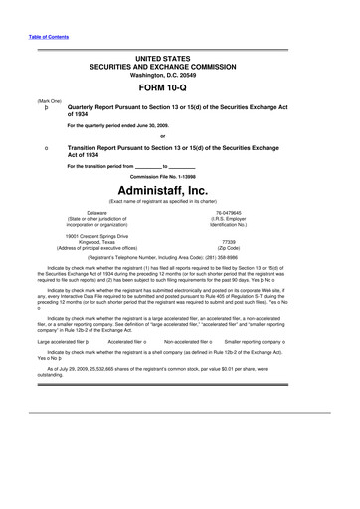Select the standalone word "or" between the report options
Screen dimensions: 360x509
tap(179, 137)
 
